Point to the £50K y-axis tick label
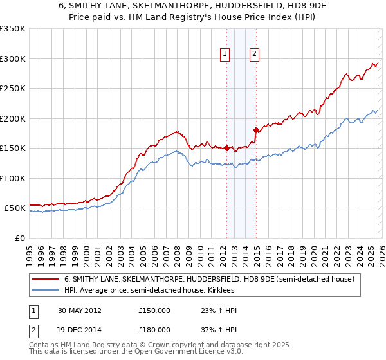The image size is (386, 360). click(14, 208)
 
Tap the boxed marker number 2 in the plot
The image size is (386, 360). click(255, 55)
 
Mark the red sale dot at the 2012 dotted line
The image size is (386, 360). click(226, 148)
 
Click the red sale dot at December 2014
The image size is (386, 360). click(256, 130)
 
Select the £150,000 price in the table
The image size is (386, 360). click(154, 310)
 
